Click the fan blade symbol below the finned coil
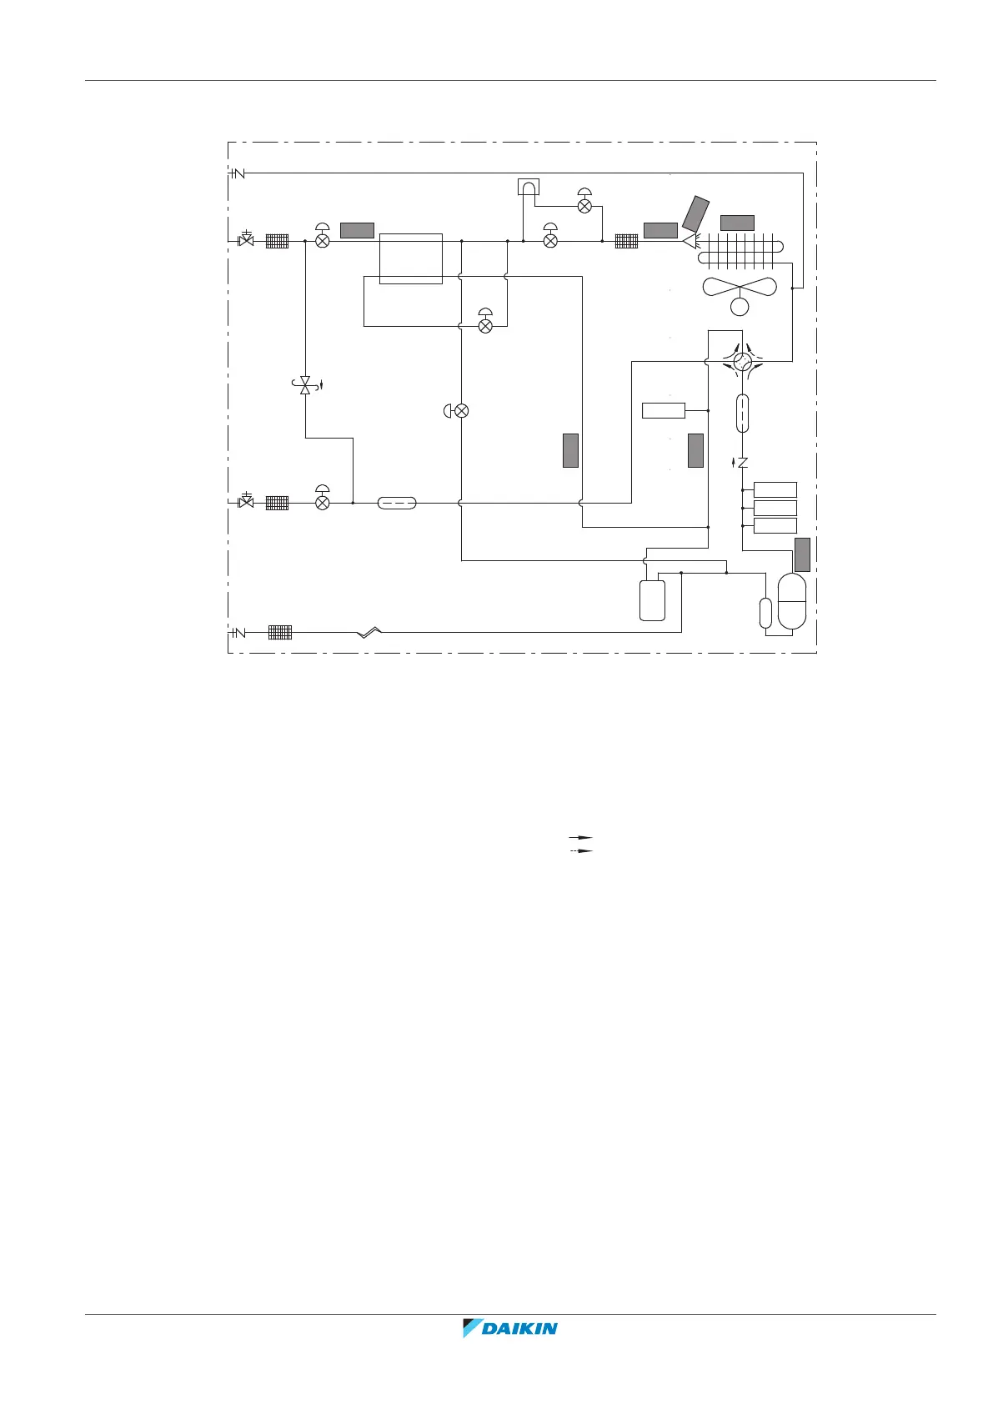tap(740, 287)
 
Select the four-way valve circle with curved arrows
tap(742, 361)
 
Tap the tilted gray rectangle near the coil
tap(695, 213)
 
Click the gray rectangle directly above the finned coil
tap(737, 223)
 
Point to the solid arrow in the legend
tap(580, 836)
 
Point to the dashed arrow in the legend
tap(580, 850)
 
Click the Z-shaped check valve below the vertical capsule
tap(742, 463)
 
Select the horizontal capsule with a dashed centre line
tap(397, 503)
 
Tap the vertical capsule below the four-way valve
tap(742, 414)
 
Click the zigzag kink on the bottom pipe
tap(369, 633)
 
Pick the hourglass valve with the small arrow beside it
tap(305, 385)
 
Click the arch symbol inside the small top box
tap(528, 187)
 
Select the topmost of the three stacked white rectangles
tap(775, 489)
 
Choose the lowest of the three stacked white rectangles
tap(775, 525)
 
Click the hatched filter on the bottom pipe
tap(280, 633)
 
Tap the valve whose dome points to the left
tap(458, 410)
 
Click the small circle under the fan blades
tap(740, 307)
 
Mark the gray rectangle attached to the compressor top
tap(802, 554)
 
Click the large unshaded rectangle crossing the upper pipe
tap(410, 258)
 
